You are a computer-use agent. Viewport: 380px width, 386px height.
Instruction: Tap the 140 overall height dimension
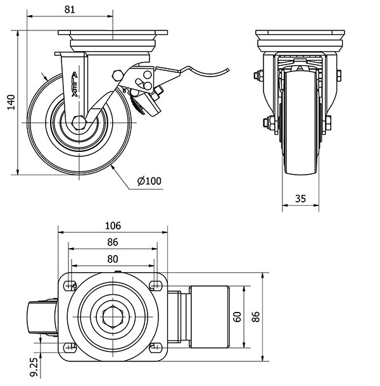[x=10, y=101]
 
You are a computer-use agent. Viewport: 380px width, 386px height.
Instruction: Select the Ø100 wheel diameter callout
[x=149, y=181]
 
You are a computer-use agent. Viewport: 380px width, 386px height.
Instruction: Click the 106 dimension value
[x=112, y=226]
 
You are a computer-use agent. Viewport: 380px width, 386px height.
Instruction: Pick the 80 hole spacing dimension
[x=112, y=258]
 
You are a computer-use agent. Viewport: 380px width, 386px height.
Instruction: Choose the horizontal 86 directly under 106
[x=112, y=242]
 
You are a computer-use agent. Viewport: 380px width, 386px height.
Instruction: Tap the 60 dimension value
[x=237, y=316]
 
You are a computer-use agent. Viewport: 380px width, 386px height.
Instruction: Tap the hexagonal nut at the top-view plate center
[x=113, y=316]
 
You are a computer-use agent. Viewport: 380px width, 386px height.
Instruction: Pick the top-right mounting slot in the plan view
[x=155, y=283]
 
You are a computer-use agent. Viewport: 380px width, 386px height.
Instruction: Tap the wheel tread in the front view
[x=301, y=127]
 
